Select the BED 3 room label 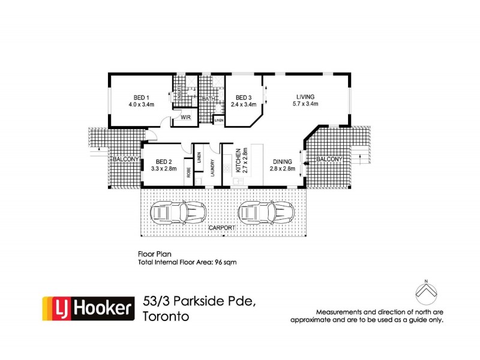coord(243,98)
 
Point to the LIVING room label coord(305,97)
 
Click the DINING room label coord(283,161)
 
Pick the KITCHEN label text coord(238,161)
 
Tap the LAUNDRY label coord(213,172)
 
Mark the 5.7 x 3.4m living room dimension coord(305,104)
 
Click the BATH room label coord(209,98)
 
